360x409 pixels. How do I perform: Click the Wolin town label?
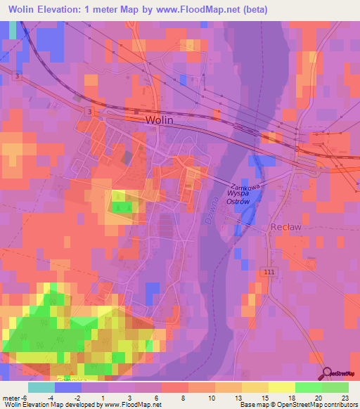tap(159, 120)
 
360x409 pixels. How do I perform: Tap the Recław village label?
tap(285, 228)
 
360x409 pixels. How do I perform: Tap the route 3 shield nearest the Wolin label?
tap(88, 112)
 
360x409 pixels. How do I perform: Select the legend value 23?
tap(345, 397)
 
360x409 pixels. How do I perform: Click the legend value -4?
tap(51, 397)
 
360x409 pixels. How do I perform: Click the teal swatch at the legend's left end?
tap(41, 387)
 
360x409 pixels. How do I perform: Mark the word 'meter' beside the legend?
tap(11, 397)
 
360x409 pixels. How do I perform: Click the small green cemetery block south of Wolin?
tap(124, 206)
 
